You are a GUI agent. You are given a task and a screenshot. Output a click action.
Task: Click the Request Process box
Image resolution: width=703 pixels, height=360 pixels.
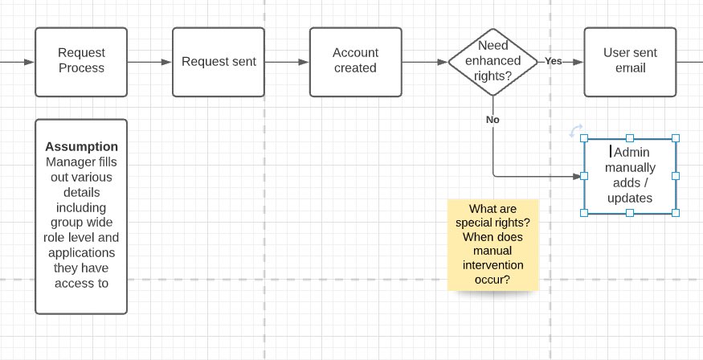(x=81, y=61)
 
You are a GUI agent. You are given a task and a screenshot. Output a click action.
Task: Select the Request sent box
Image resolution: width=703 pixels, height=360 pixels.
(x=219, y=61)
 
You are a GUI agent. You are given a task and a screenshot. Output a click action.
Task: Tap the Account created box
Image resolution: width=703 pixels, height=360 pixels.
(x=355, y=61)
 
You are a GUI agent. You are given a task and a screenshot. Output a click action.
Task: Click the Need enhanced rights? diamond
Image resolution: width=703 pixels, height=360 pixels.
(x=493, y=61)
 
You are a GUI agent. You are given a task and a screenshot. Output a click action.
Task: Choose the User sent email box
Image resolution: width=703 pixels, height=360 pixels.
(x=630, y=61)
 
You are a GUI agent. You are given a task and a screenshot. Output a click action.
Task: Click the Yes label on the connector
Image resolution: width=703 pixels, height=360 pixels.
(x=554, y=61)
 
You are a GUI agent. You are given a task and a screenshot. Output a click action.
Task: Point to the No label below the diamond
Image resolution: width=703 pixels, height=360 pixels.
(x=493, y=119)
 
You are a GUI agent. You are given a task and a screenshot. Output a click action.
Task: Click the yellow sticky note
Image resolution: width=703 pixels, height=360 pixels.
(x=493, y=244)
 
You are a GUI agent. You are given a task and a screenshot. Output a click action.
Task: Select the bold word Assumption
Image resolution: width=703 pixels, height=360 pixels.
(x=81, y=147)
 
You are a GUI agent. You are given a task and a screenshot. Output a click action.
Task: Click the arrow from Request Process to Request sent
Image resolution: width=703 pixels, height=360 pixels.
(x=149, y=61)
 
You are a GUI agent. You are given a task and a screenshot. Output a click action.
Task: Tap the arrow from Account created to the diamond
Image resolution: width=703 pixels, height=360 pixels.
(x=423, y=61)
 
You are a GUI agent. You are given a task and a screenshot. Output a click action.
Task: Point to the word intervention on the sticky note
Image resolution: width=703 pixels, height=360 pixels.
(x=493, y=266)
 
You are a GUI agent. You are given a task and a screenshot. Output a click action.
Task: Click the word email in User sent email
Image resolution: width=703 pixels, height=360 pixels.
(x=630, y=69)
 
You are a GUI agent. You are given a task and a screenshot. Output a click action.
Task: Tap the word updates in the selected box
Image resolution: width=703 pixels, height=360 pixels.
(x=629, y=198)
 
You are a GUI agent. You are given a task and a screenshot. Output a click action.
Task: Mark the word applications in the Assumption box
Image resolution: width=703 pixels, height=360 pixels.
(x=81, y=253)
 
